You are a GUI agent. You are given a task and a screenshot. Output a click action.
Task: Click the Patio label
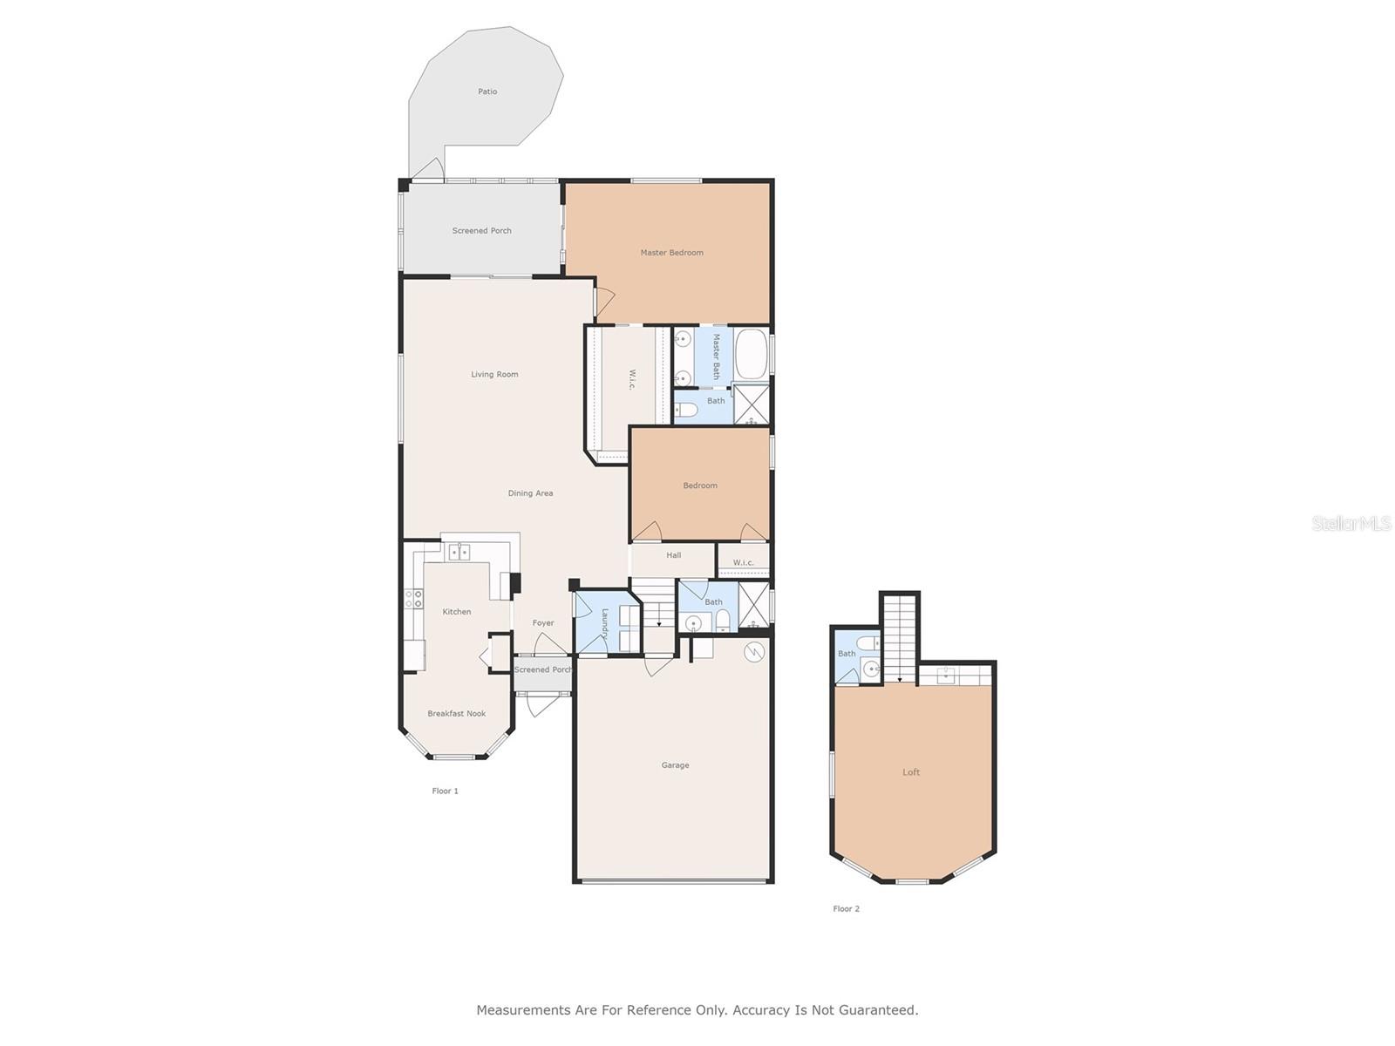click(x=487, y=92)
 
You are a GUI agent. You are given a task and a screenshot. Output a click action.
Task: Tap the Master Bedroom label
click(x=671, y=253)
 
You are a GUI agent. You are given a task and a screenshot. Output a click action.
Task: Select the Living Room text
click(x=493, y=375)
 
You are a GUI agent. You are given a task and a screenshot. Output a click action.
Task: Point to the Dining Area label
click(x=530, y=493)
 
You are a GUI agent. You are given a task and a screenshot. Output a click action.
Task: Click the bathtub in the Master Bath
click(x=752, y=353)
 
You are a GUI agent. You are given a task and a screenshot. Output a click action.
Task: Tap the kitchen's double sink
click(x=459, y=552)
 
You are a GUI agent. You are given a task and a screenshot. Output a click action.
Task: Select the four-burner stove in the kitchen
click(x=413, y=598)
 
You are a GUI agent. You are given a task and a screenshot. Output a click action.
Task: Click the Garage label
click(x=674, y=765)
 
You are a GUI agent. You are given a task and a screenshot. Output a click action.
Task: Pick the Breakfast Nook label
click(x=456, y=714)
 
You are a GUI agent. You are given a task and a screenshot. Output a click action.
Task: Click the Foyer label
click(x=543, y=623)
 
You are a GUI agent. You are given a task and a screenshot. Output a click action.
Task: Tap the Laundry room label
click(x=604, y=623)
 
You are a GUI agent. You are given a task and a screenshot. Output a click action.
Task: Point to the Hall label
click(x=673, y=555)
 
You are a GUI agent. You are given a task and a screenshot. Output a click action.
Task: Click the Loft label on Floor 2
click(x=910, y=772)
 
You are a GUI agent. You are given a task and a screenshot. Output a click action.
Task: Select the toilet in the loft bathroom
click(x=868, y=643)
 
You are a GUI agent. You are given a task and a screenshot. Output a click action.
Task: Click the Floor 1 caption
click(x=445, y=791)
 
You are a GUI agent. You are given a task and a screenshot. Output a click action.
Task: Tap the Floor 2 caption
click(x=845, y=909)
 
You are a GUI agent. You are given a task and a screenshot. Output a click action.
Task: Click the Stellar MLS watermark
click(x=1351, y=523)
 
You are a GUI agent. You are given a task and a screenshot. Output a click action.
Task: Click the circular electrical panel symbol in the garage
click(x=754, y=652)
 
